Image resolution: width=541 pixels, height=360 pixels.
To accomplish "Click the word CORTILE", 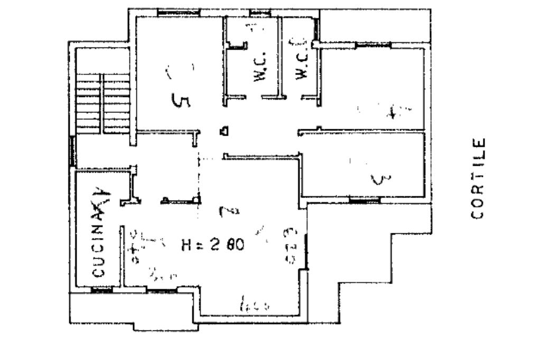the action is pos(478,178).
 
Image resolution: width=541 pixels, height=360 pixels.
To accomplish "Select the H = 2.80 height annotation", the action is pos(213,245).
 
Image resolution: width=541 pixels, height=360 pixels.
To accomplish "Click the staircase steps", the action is pos(104,103).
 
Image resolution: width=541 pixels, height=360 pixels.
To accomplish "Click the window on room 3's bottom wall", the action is pos(365,200).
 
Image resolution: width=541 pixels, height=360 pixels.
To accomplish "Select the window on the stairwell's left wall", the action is pos(72,152).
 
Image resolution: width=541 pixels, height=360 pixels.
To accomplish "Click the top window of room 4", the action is pos(372,46).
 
